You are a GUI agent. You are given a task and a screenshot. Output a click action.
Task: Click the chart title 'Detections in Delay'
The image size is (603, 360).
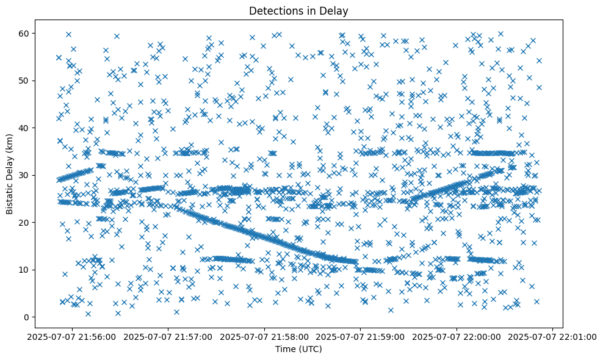299,10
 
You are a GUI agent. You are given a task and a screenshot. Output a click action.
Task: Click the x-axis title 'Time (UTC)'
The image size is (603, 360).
299,350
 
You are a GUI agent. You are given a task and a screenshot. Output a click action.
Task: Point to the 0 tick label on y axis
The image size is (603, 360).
27,317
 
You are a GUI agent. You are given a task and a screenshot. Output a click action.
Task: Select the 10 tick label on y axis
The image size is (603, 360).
24,270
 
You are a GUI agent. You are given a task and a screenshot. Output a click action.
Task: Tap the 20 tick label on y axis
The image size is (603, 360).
24,223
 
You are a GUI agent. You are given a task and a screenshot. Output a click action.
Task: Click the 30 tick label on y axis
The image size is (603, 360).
24,175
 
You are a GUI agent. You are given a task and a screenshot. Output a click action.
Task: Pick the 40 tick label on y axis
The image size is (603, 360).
24,128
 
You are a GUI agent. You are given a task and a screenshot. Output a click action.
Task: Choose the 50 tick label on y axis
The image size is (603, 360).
24,81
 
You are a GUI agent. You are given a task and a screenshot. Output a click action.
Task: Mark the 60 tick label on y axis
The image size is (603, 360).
24,33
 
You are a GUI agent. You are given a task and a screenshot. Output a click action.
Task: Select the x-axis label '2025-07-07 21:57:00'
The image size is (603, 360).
169,336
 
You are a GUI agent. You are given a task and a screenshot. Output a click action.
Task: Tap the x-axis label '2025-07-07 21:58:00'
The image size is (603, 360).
265,336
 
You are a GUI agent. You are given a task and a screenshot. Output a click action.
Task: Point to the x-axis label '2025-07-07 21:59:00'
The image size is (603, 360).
361,336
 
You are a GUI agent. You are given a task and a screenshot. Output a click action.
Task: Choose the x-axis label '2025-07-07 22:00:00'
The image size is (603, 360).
457,336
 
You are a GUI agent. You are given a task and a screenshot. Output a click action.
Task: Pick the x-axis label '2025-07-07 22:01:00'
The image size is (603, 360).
552,336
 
